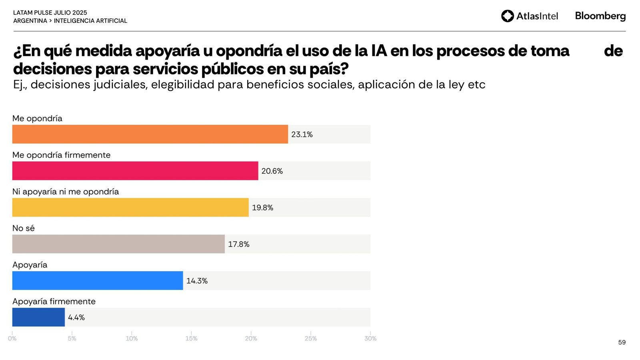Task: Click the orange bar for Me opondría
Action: click(150, 134)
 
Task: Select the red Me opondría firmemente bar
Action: click(135, 171)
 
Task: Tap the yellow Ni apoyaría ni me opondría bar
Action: click(130, 207)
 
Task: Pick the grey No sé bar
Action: click(118, 244)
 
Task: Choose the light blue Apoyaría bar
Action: click(98, 280)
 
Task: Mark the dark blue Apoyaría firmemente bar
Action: click(38, 317)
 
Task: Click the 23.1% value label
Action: click(302, 134)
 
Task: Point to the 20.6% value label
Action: click(272, 171)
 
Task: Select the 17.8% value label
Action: click(239, 244)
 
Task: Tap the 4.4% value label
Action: click(76, 318)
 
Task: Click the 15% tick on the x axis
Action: click(191, 338)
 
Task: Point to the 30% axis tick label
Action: click(370, 338)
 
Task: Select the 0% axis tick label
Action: click(12, 338)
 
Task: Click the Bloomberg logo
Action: click(600, 16)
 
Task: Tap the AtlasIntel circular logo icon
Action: click(508, 16)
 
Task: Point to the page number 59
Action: click(622, 342)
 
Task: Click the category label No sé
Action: click(24, 228)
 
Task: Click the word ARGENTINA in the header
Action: click(30, 21)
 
